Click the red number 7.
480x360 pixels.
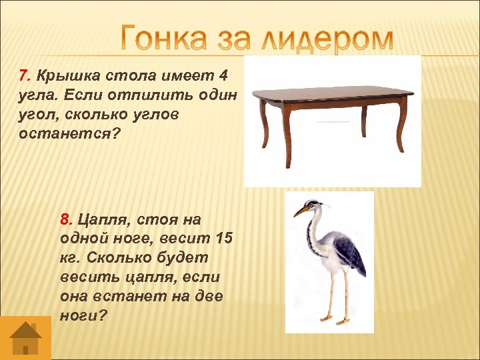point(23,75)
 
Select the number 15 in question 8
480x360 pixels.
point(224,238)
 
